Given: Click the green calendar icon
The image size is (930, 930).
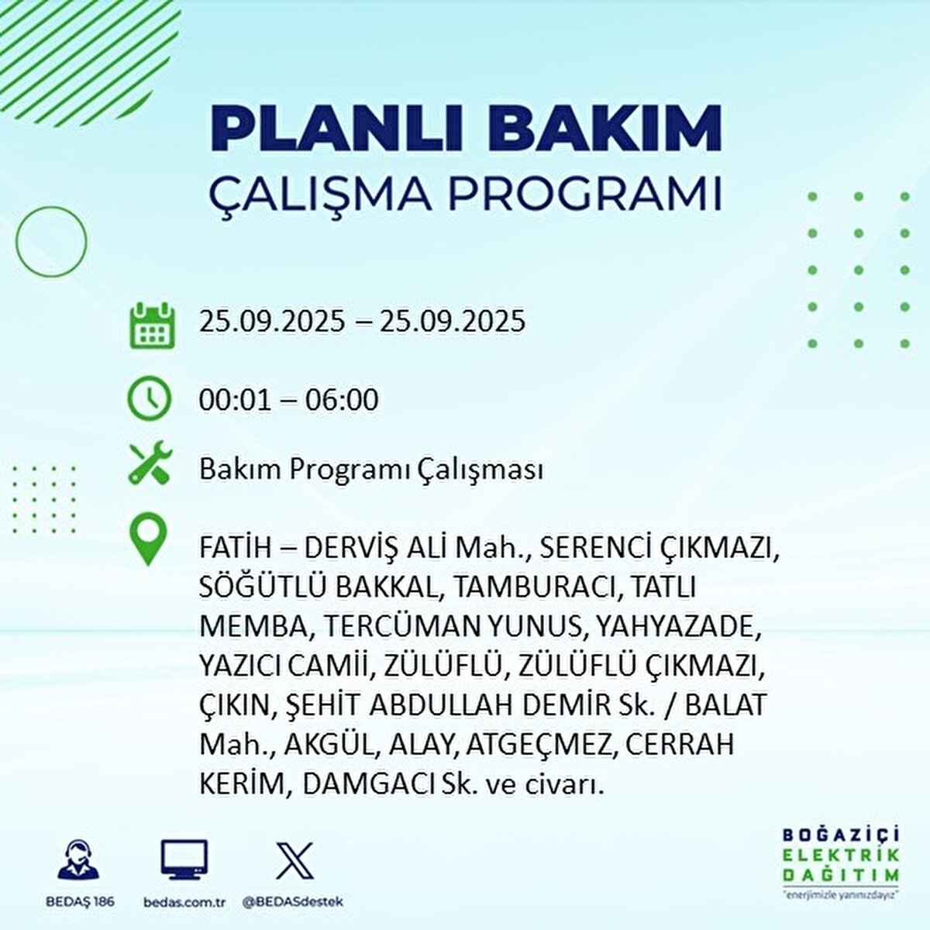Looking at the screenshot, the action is (152, 325).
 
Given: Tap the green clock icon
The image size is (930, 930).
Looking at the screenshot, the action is (149, 399).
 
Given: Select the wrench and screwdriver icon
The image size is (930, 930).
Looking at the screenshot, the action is (150, 462).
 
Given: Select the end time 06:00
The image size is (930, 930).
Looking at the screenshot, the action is (334, 400).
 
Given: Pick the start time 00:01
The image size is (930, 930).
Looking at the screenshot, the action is (235, 400).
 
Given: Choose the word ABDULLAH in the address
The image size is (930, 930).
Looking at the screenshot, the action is (446, 704).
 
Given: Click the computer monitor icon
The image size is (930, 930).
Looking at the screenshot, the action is (184, 859).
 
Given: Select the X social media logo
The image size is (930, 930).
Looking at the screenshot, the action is (294, 860).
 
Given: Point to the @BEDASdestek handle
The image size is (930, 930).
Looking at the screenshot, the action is (293, 901).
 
